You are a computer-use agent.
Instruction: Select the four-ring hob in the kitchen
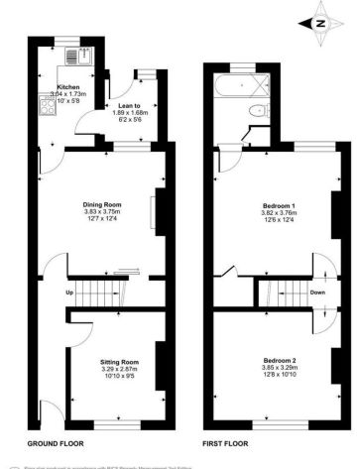[46, 103]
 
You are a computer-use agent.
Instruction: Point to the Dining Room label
[101, 205]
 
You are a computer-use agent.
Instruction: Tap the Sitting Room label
[120, 361]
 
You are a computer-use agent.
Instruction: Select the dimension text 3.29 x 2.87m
[120, 368]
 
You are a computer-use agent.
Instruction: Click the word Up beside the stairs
[69, 293]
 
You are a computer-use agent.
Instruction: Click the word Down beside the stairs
[316, 293]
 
